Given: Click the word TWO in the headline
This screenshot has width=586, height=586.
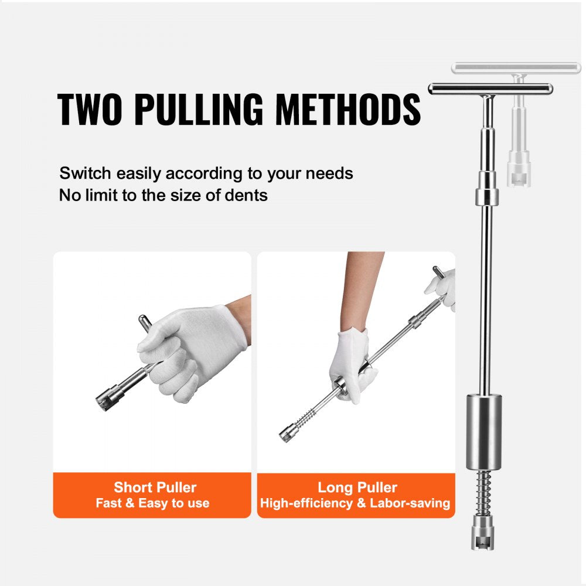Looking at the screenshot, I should click(x=90, y=110).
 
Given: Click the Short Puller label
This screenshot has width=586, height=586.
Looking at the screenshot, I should click(x=155, y=487).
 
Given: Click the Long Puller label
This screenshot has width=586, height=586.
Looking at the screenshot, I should click(x=357, y=487).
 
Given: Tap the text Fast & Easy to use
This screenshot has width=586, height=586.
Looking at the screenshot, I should click(x=152, y=503).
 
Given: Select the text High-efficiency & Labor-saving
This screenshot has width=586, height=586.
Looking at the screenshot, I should click(x=355, y=503).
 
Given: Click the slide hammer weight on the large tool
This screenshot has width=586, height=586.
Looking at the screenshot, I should click(x=484, y=432).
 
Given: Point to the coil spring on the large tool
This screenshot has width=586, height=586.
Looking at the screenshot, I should click(x=484, y=490).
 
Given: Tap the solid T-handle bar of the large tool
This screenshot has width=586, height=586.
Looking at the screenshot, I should click(x=490, y=89).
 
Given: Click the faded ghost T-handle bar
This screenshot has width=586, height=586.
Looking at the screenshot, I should click(x=516, y=68).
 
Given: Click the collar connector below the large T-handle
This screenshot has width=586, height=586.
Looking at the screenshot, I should click(x=486, y=189).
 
